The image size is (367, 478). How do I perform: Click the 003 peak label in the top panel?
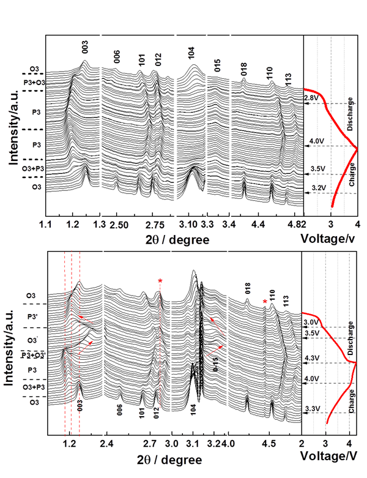coord(85,45)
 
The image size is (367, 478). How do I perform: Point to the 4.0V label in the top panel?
coord(316,141)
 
